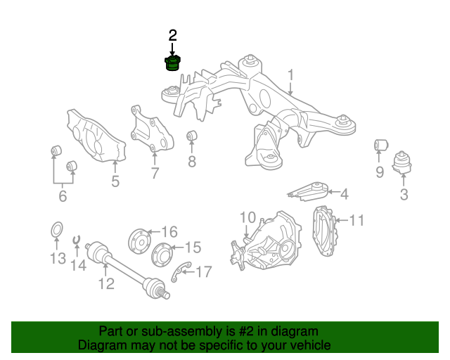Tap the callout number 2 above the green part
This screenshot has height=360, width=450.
coord(173,34)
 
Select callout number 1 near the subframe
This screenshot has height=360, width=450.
coord(290,76)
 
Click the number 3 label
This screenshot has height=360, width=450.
coord(404,195)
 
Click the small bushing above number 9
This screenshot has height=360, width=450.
coord(380,146)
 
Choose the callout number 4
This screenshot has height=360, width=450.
coord(344,193)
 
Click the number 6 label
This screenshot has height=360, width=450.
coord(63,196)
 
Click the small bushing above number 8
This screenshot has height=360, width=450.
coord(192,135)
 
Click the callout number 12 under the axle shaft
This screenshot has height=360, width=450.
coord(106,283)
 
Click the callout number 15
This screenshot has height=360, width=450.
coord(192,247)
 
